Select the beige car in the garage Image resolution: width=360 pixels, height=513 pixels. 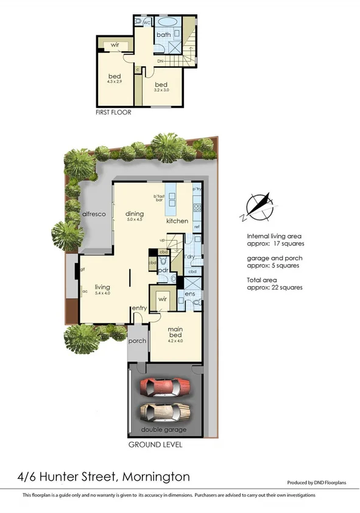point(163,412)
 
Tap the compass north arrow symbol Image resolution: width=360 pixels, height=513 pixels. point(259,206)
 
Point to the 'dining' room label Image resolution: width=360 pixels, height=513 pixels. point(134,213)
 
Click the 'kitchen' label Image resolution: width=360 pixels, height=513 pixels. point(177,221)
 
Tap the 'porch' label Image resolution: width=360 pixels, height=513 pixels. point(137,341)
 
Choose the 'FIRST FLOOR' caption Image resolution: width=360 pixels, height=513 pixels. point(113,113)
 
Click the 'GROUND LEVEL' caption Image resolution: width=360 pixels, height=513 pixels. point(155,445)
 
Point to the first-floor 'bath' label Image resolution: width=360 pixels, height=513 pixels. point(163,35)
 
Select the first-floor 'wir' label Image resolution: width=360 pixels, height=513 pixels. point(115,45)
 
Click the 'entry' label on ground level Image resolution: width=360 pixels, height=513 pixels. point(139,308)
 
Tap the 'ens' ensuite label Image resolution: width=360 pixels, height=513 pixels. point(190,294)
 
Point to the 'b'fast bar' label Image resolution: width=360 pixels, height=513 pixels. point(160,199)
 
